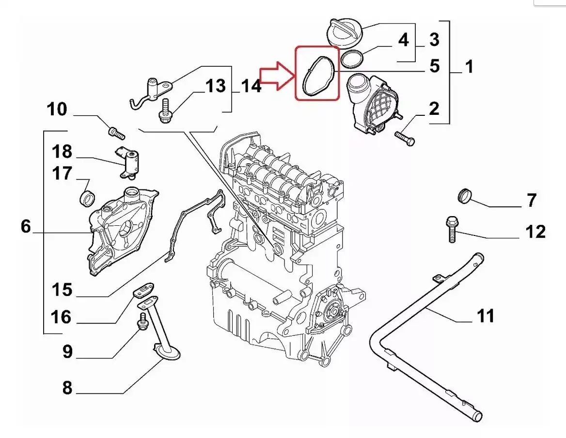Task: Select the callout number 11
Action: tap(485, 316)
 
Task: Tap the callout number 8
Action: tap(67, 388)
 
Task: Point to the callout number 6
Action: tap(26, 226)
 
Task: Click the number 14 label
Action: tap(251, 87)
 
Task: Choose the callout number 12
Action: tap(535, 232)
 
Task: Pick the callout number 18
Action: tap(62, 152)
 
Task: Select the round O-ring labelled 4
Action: tap(353, 59)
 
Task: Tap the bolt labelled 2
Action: tap(405, 138)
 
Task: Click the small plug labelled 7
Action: tap(465, 195)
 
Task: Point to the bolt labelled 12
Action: tap(450, 229)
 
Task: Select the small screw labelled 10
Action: tap(116, 131)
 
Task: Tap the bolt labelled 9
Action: tap(142, 322)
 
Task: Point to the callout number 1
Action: tap(469, 66)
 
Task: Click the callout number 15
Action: tap(62, 290)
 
